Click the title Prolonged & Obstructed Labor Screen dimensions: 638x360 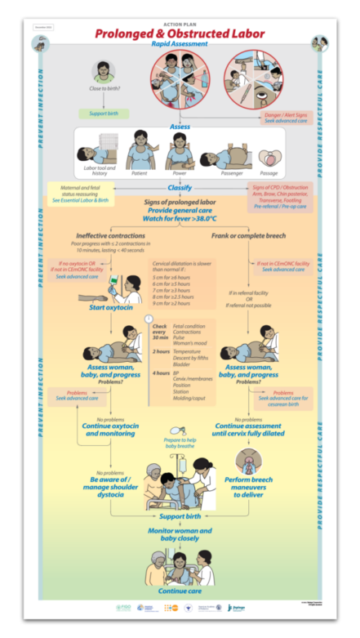coord(179,33)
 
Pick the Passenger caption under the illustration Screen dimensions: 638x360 coord(236,172)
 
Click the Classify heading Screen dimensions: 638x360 coord(179,187)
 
